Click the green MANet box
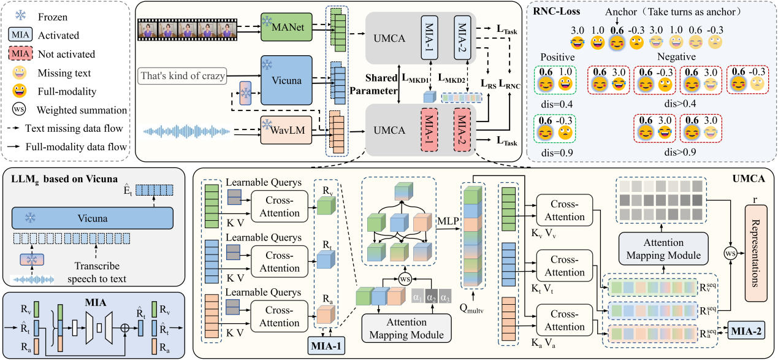point(286,27)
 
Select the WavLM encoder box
point(286,130)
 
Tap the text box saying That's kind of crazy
point(182,76)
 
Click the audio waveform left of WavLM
point(187,131)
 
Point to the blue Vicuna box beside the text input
point(286,80)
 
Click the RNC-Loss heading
point(557,12)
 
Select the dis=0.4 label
point(557,104)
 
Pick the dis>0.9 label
point(680,152)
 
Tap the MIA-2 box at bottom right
point(746,331)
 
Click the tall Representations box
point(756,253)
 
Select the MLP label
point(448,221)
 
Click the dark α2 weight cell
point(432,297)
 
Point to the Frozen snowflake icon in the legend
point(20,15)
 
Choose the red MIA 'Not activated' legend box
point(20,54)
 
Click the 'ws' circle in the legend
point(19,109)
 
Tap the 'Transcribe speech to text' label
point(97,272)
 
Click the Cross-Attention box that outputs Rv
point(279,207)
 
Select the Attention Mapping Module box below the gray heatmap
point(663,248)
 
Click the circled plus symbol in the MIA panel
point(124,327)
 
